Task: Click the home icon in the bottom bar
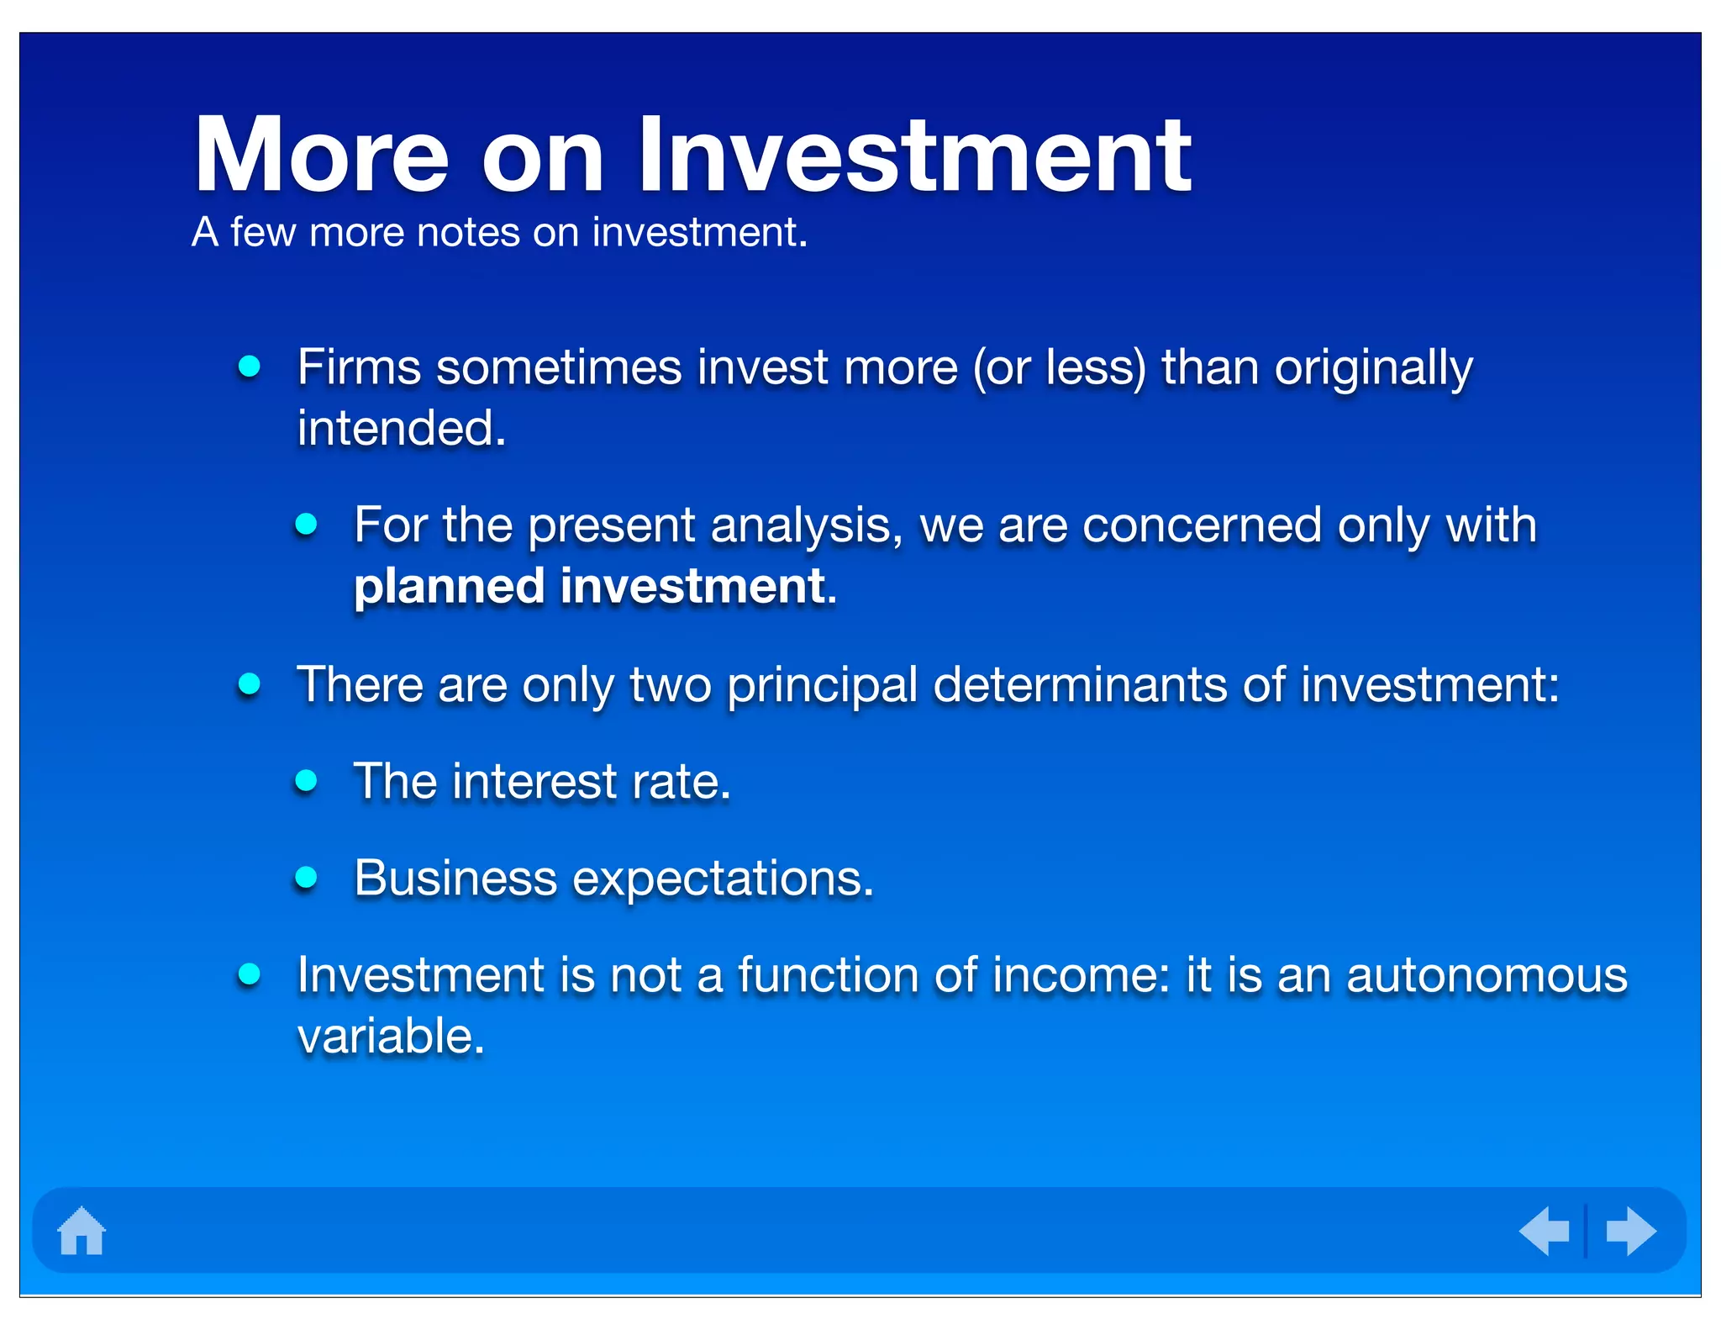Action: [82, 1231]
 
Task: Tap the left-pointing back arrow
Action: [1545, 1231]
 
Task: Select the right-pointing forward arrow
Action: [1630, 1231]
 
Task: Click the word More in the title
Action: [321, 156]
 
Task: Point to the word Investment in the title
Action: [913, 156]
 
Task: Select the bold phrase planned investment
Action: [595, 586]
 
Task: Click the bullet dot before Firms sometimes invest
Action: [249, 367]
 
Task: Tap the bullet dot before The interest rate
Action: [306, 781]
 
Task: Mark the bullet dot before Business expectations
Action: [306, 878]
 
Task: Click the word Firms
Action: [359, 368]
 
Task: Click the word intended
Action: [402, 429]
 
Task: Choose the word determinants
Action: [1080, 684]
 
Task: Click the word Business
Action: [455, 879]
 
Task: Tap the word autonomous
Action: [1487, 975]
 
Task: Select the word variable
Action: [391, 1036]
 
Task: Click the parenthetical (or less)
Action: [1060, 368]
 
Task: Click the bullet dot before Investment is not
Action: [249, 974]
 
